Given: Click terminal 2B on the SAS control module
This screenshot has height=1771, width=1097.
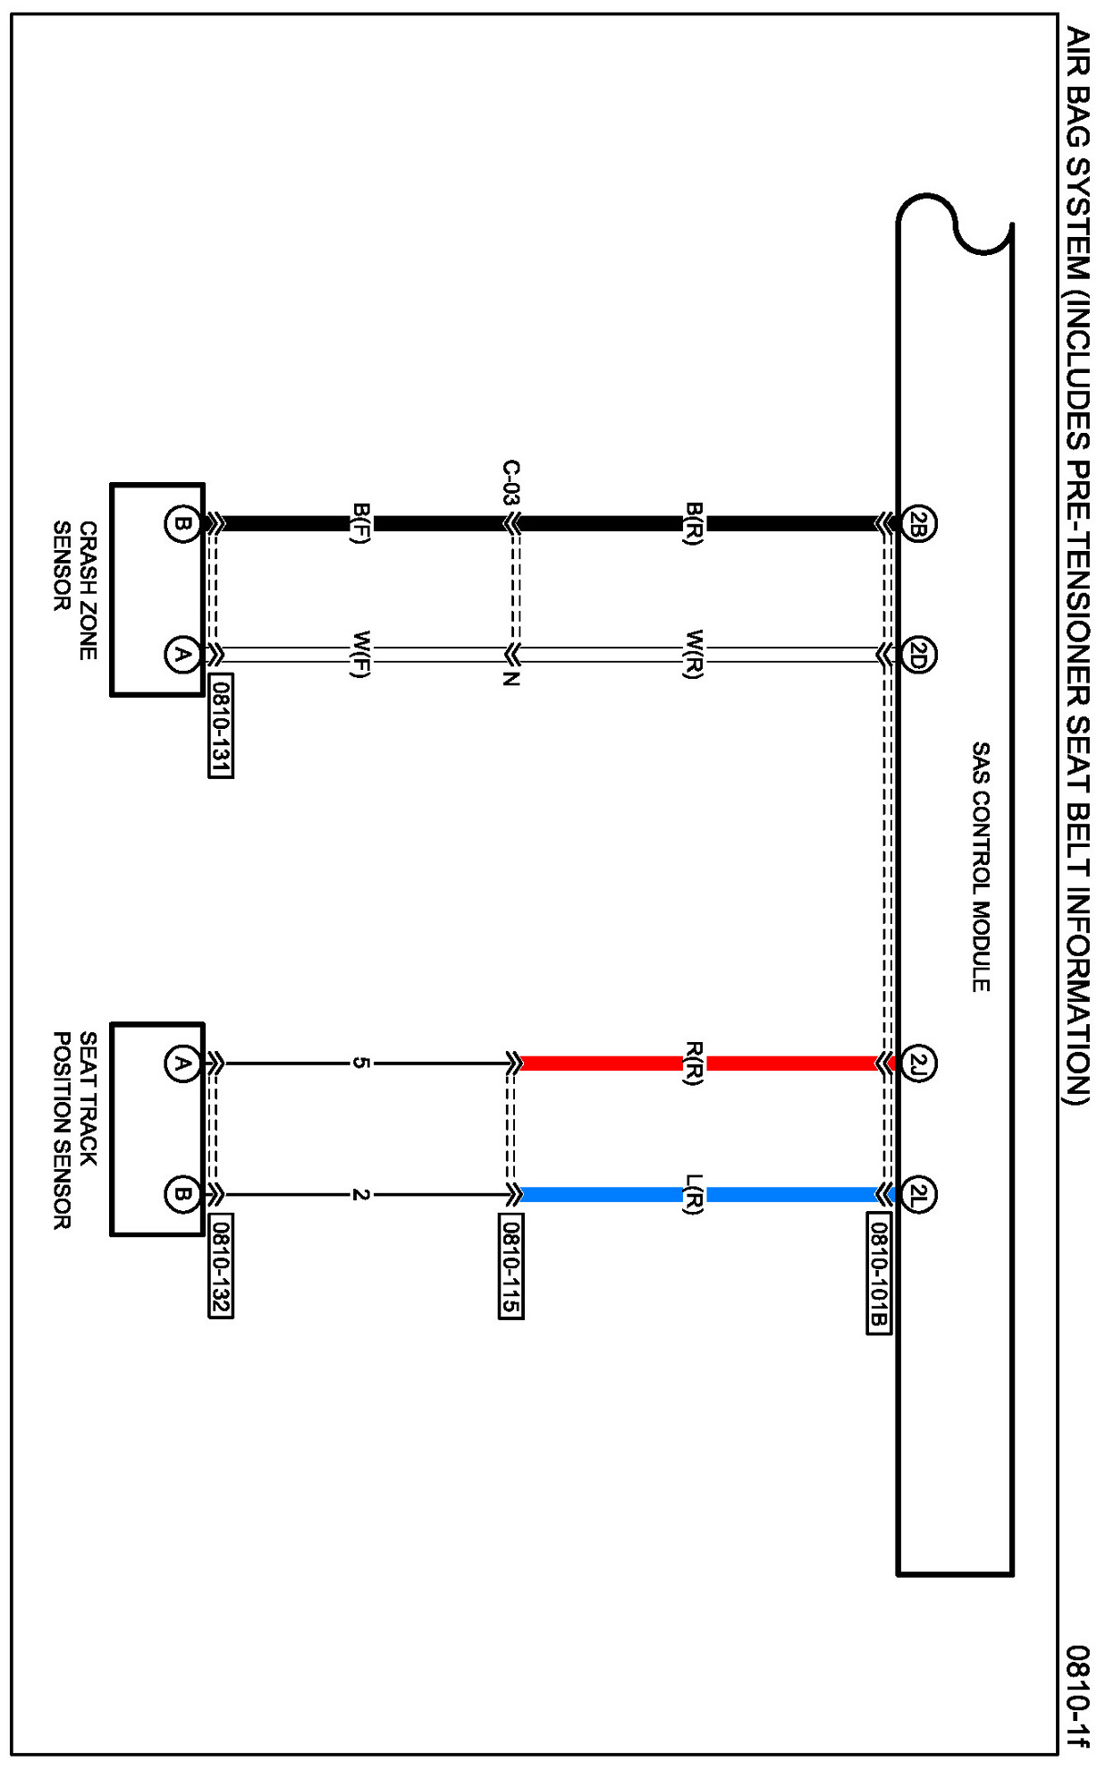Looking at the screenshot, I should (x=918, y=523).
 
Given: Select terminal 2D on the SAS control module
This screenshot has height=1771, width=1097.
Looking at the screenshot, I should (x=918, y=655).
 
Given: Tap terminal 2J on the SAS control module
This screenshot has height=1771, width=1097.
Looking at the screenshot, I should (x=918, y=1063).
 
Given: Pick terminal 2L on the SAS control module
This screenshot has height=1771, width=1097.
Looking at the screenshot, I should (x=918, y=1194).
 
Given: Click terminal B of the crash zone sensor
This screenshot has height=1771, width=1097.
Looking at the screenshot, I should (x=181, y=523).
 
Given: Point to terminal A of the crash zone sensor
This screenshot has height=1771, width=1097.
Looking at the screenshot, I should (x=181, y=655).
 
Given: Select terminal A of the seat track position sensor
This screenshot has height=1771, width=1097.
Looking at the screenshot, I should (x=181, y=1063).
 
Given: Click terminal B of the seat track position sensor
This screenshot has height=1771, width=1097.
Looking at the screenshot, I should (x=181, y=1194).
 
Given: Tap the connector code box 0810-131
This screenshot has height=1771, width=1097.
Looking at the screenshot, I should (x=221, y=725).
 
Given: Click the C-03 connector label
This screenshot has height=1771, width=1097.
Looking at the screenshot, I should (x=511, y=483).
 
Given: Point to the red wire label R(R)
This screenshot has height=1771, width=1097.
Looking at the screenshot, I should (x=694, y=1063).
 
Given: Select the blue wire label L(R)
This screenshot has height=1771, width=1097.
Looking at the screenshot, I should (x=694, y=1194).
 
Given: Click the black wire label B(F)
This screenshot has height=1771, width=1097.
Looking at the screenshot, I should (x=360, y=523).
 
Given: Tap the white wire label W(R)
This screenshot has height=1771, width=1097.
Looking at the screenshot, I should (x=694, y=655).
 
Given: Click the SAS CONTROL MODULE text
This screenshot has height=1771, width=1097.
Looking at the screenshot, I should (x=981, y=866).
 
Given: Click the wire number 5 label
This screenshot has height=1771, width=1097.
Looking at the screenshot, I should (x=359, y=1063).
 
